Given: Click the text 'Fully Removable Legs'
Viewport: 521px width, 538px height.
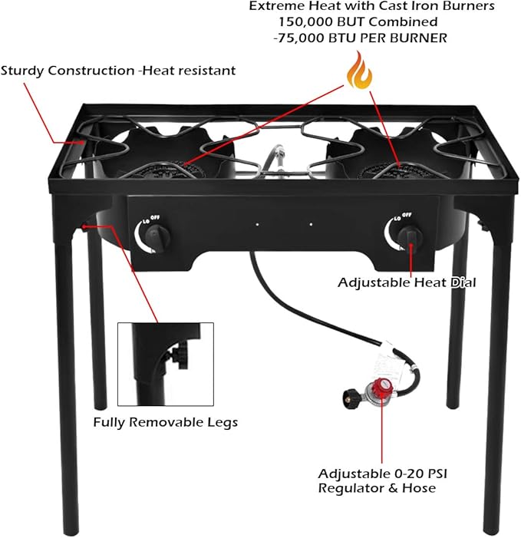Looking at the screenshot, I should click(x=165, y=422).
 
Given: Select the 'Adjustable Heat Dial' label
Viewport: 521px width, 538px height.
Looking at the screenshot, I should click(x=407, y=282).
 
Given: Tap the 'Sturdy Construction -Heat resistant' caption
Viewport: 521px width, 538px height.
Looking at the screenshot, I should click(x=118, y=71).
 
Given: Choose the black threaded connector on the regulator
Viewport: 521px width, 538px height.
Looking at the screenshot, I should click(x=349, y=398).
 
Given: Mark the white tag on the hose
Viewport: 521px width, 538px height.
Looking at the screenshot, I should click(x=392, y=361).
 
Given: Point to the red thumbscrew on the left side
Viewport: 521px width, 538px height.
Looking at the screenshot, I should click(x=85, y=226).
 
